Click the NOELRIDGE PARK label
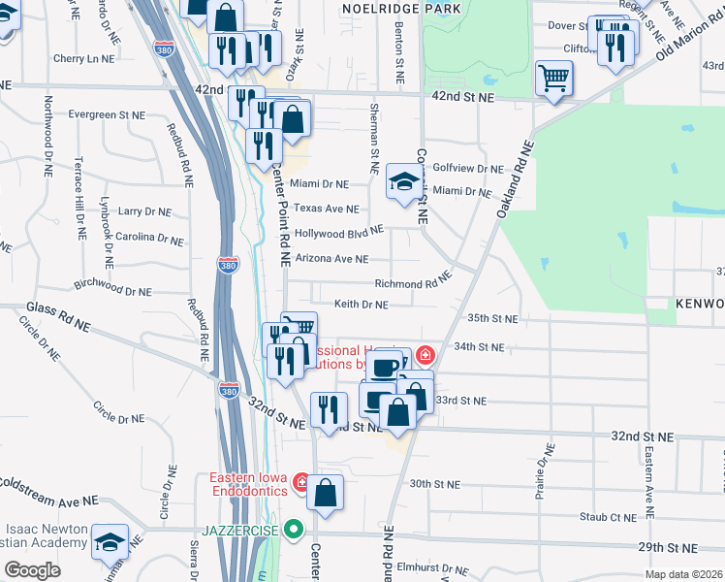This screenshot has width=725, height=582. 400,8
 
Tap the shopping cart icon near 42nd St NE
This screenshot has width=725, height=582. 553,77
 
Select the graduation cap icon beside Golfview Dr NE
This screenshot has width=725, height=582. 404,180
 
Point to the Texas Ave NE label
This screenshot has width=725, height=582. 327,209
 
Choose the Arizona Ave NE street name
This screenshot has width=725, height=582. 331,259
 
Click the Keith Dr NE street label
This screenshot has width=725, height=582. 362,305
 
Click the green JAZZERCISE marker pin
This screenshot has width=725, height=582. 297,530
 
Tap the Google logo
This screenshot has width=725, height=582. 32,569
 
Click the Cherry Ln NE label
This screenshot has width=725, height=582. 84,58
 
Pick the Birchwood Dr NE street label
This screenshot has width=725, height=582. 112,290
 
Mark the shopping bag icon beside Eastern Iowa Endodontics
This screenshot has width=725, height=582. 326,492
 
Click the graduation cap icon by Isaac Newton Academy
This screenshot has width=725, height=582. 111,544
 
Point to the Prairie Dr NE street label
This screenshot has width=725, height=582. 543,471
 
